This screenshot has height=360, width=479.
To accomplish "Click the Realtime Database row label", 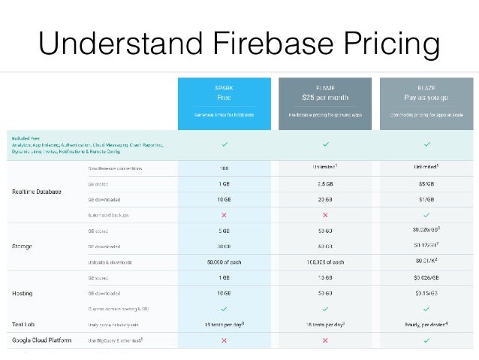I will pyautogui.click(x=37, y=191).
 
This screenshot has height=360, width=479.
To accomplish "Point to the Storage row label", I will pyautogui.click(x=22, y=245).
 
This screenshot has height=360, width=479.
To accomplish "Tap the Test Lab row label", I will pyautogui.click(x=23, y=324).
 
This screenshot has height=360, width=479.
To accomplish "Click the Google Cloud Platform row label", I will pyautogui.click(x=42, y=340).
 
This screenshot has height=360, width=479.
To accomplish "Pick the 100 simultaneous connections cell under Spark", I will pyautogui.click(x=224, y=168).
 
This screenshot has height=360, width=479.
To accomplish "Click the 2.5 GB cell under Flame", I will pyautogui.click(x=325, y=183).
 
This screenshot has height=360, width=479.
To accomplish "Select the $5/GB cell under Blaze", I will pyautogui.click(x=426, y=183).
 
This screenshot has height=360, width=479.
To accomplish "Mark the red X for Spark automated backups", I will pyautogui.click(x=224, y=214).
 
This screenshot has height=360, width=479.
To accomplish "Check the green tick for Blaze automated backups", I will pyautogui.click(x=426, y=214).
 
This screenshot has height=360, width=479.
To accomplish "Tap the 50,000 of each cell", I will pyautogui.click(x=224, y=261).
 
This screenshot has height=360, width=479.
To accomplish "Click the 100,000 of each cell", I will pyautogui.click(x=325, y=261).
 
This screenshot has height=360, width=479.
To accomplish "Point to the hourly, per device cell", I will pyautogui.click(x=426, y=324).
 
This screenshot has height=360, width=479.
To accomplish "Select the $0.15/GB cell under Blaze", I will pyautogui.click(x=426, y=292).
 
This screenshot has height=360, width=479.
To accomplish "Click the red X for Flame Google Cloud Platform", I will pyautogui.click(x=325, y=340).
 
